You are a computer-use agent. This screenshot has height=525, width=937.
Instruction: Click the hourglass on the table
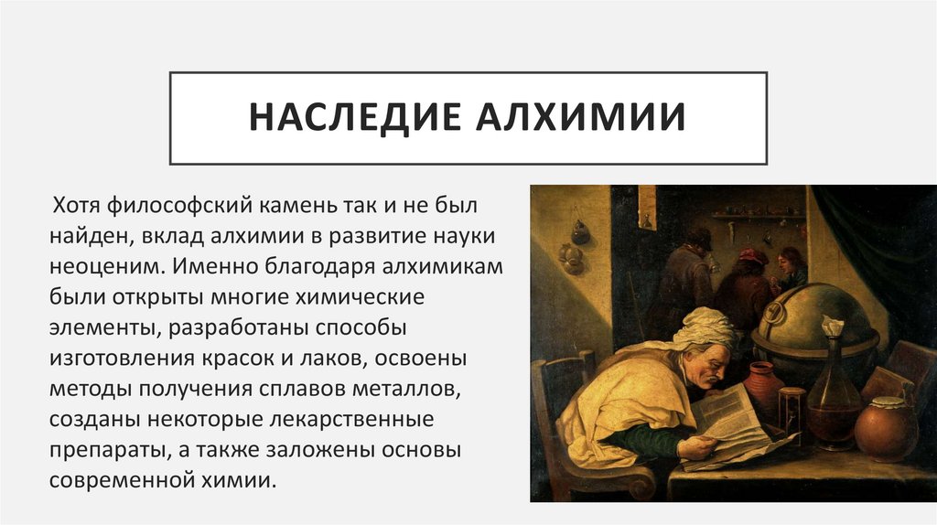pyautogui.click(x=792, y=417)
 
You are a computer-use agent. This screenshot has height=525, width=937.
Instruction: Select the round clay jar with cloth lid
pyautogui.click(x=886, y=429)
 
